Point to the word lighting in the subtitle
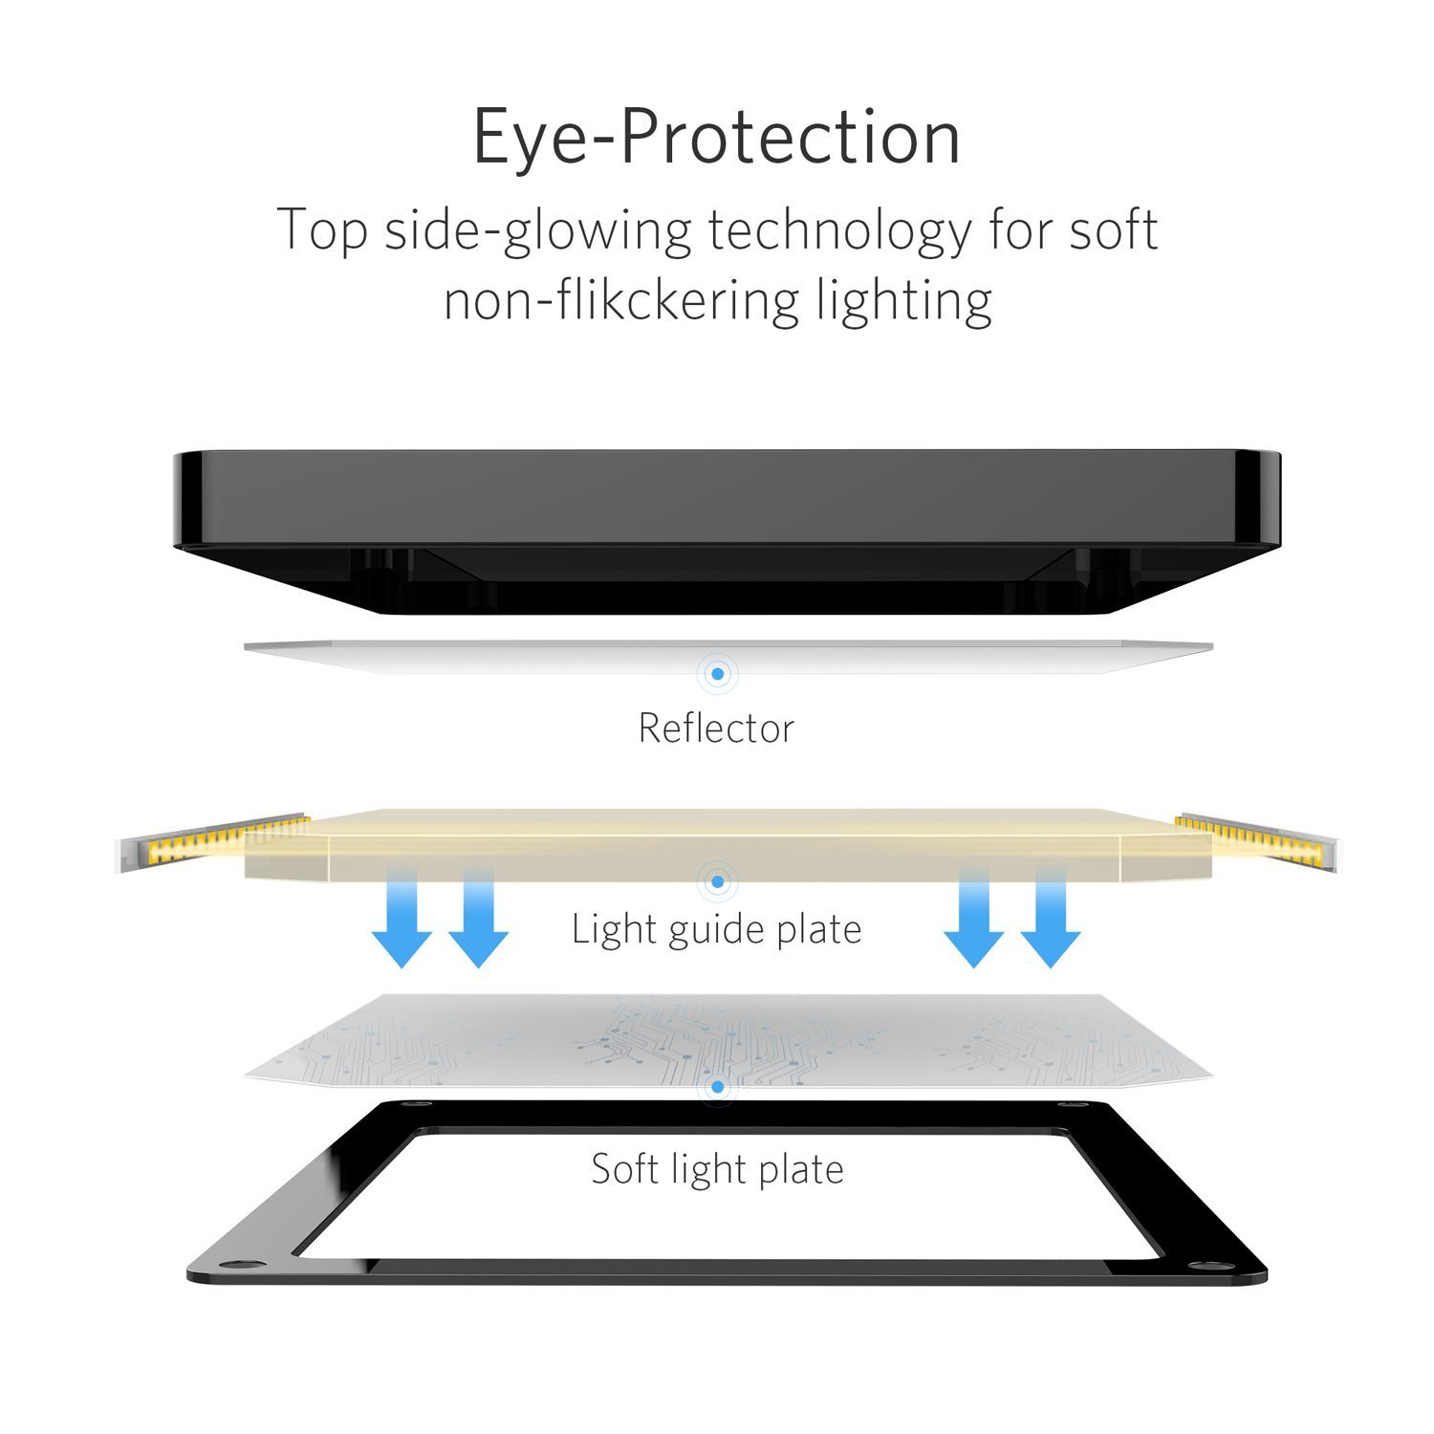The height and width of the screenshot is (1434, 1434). [x=903, y=301]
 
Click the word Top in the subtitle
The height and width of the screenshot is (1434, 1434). [x=321, y=231]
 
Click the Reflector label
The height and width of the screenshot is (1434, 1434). [x=716, y=728]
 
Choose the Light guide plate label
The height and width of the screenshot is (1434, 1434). [x=716, y=929]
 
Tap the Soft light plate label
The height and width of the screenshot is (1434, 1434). [x=717, y=1169]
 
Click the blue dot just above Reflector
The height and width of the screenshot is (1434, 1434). [x=717, y=674]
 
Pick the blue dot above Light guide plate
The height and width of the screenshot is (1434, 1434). [x=717, y=880]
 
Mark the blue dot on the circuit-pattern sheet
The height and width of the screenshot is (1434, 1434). [x=717, y=1087]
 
